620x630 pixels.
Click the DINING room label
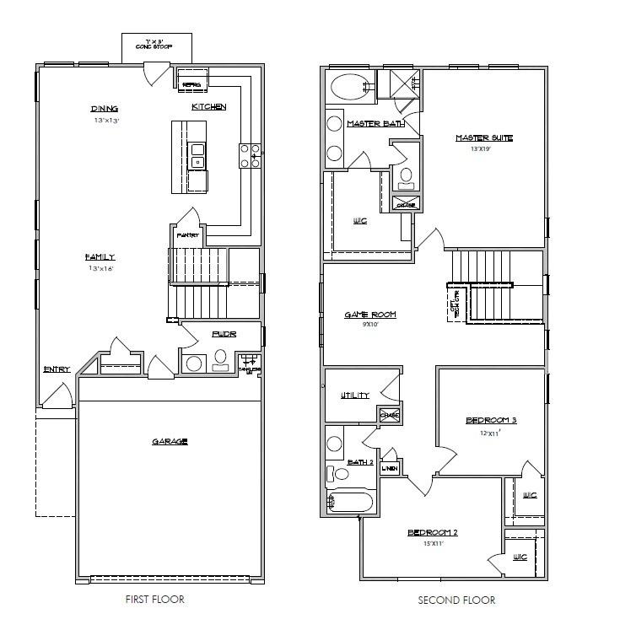click(105, 109)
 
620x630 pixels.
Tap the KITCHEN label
click(208, 106)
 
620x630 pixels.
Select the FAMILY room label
click(99, 257)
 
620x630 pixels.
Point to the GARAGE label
click(170, 441)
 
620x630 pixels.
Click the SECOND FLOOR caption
click(456, 600)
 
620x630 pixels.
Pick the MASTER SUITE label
click(484, 138)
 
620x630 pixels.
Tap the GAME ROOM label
click(369, 315)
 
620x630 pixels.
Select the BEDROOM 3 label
click(491, 420)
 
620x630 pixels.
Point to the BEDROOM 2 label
click(432, 532)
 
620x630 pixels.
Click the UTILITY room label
click(355, 396)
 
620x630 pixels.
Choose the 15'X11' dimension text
click(432, 543)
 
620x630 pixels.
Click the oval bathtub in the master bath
click(347, 87)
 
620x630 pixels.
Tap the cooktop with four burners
click(251, 154)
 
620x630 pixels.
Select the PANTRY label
click(186, 235)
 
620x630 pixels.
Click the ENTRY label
click(57, 369)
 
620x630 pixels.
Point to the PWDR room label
click(224, 335)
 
